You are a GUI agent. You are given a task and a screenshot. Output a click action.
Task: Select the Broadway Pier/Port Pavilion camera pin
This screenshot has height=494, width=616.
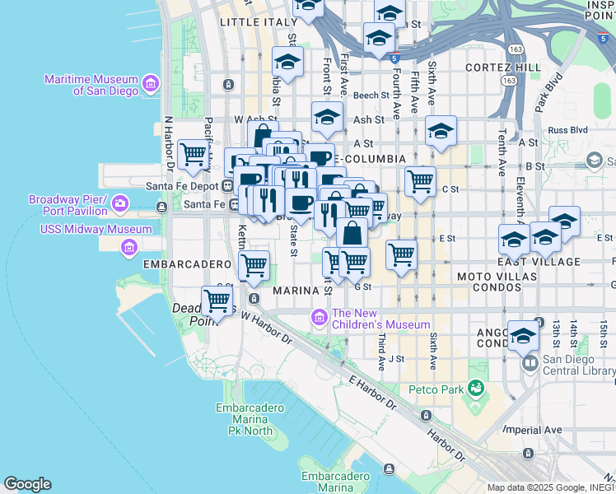(119, 203)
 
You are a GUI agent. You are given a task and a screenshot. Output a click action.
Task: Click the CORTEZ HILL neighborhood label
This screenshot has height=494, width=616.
(502, 67)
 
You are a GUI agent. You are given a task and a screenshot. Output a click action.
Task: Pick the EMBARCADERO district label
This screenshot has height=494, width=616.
(186, 264)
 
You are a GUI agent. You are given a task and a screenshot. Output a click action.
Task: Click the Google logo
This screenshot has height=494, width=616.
(27, 484)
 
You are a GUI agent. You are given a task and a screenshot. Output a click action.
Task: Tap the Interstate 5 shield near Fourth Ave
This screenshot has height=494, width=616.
(395, 58)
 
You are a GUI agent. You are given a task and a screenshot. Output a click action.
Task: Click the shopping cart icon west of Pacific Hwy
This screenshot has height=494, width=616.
(193, 153)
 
